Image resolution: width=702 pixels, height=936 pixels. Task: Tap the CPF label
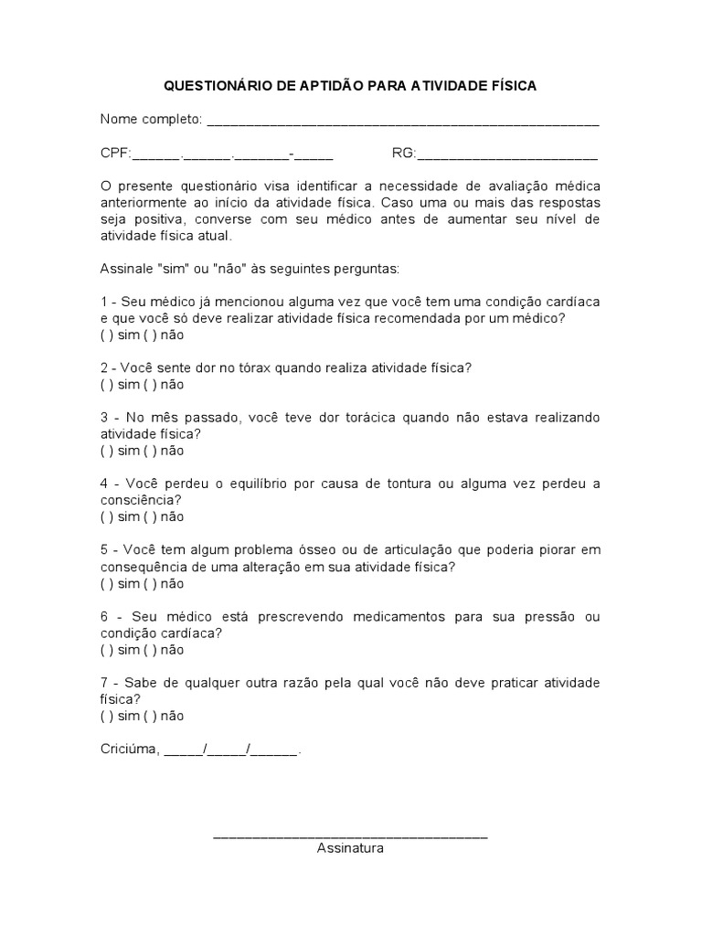coord(115,153)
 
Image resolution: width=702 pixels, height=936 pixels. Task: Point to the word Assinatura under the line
coord(350,848)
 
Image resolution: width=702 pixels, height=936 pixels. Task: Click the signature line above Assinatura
coord(350,835)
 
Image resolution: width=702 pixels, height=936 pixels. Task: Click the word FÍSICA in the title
coord(512,86)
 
